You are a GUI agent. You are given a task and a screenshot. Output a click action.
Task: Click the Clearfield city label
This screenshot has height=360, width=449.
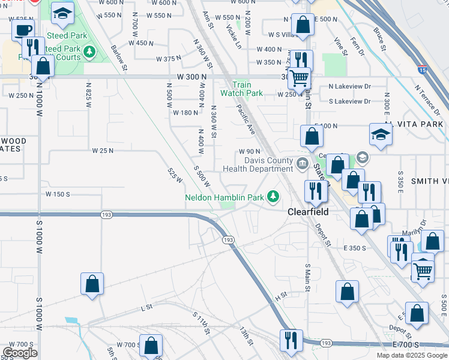pos(308,212)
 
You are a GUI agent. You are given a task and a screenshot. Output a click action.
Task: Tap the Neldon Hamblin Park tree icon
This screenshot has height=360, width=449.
pos(274,196)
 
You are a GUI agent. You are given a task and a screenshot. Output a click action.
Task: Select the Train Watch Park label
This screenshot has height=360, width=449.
pos(241,89)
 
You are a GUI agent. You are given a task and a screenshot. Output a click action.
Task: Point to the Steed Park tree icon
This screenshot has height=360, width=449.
pos(90,52)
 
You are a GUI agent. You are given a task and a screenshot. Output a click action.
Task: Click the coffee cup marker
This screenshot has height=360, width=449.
pos(23,31)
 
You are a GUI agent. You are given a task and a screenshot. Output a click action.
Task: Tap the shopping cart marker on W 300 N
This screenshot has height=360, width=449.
pos(298,77)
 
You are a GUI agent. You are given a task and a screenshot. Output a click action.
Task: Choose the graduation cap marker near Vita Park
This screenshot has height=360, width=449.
pos(381,134)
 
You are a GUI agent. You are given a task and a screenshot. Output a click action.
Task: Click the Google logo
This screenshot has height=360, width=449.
pos(20,353)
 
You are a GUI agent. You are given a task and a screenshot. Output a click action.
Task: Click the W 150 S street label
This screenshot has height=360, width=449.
pos(58,194)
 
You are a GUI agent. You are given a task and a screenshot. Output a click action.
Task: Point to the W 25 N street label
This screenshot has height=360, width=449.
pos(103,151)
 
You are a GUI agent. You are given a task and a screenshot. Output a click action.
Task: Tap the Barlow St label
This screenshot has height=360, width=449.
pos(119,58)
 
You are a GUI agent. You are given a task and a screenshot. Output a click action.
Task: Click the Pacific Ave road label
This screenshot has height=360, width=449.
pos(246,119)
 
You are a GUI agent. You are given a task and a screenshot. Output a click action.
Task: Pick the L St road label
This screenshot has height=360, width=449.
pos(145,308)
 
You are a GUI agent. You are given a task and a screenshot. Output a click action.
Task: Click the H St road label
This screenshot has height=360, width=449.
pos(279,296)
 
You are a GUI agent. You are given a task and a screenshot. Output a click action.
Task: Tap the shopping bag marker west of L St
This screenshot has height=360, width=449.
pos(92,283)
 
